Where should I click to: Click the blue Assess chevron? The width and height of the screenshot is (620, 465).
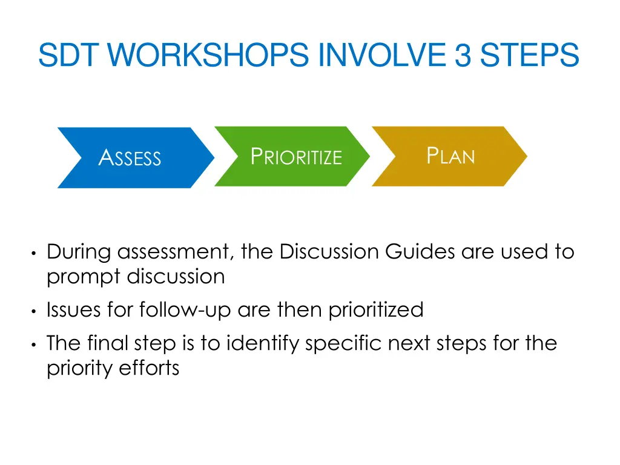coord(130,158)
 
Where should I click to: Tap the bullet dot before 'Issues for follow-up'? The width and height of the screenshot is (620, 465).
coord(35,311)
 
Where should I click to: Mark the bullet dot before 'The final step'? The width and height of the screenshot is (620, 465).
coord(35,345)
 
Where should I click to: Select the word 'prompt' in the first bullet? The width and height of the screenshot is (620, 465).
coord(84,277)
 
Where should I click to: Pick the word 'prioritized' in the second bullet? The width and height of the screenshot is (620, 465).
coord(375,310)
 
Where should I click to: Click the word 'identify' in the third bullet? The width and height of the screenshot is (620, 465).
coord(263,343)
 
